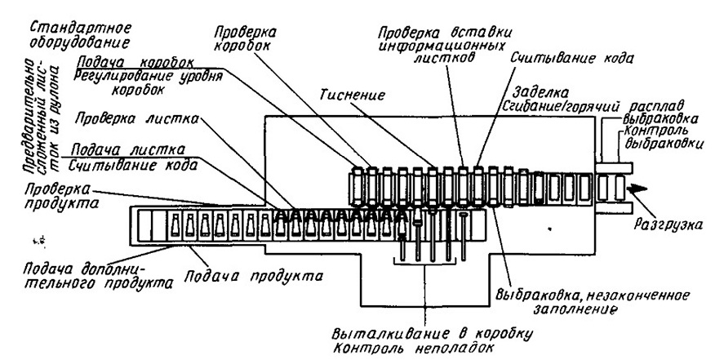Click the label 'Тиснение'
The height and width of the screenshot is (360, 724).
coord(352,96)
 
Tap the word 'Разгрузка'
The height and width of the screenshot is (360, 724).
coord(669,225)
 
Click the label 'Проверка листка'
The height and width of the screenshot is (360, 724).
coord(137,119)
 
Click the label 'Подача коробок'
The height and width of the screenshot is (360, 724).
coord(135,63)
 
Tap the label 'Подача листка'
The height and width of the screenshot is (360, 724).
coord(127,150)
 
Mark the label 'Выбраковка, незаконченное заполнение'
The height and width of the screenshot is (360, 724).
coord(593,301)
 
